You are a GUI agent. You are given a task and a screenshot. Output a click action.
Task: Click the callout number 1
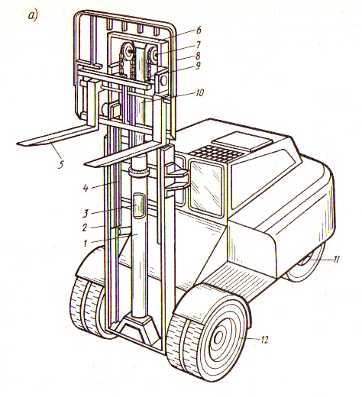tap(86, 244)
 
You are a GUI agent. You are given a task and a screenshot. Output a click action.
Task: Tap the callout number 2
tap(85, 228)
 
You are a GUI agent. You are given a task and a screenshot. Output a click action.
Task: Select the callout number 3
tap(86, 213)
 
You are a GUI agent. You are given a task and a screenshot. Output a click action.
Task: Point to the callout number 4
tap(86, 189)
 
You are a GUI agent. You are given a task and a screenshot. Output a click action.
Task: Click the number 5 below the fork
tap(60, 164)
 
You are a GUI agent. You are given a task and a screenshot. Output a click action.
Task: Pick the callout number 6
tap(198, 30)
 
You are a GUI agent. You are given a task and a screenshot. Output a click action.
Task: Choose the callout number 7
tap(198, 45)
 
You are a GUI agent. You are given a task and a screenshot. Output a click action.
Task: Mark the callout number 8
tap(198, 56)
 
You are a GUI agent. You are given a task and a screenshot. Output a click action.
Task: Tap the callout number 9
tap(198, 66)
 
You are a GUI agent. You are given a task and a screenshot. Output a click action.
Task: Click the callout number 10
tap(200, 93)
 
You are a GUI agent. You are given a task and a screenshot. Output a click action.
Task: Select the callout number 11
tap(336, 260)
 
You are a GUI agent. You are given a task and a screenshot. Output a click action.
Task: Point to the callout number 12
tap(264, 340)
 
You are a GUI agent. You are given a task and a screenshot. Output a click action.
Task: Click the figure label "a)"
tap(33, 15)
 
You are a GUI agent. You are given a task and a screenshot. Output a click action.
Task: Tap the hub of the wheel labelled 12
tap(218, 338)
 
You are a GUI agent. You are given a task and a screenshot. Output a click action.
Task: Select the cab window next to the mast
tap(206, 188)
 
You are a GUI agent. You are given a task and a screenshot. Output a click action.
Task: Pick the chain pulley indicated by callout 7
tap(154, 56)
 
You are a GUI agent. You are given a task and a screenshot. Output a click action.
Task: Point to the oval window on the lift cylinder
tap(139, 205)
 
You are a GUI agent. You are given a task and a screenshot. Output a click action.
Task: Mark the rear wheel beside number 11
tap(305, 265)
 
